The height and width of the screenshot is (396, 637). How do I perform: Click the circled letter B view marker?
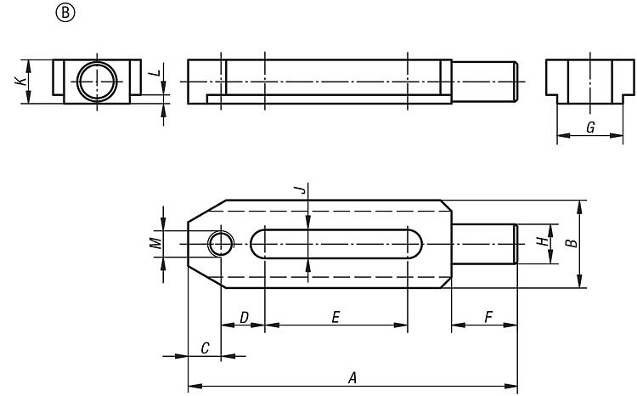(65, 13)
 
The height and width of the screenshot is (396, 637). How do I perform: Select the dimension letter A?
(352, 377)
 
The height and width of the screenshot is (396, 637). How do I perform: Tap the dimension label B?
(572, 243)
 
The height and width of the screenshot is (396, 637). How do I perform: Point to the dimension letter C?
(206, 348)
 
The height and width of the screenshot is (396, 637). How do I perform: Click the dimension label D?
(244, 317)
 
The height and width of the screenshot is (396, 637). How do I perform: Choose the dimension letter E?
(335, 317)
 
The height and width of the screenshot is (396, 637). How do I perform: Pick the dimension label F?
(488, 317)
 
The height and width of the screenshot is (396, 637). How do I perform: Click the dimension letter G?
(590, 127)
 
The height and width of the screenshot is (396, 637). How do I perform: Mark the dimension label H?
(542, 241)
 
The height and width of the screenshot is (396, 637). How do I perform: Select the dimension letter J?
(300, 190)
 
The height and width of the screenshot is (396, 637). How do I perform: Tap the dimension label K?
(20, 81)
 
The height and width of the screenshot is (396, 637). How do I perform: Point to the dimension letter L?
(154, 73)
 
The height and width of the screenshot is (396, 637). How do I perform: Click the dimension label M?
(155, 243)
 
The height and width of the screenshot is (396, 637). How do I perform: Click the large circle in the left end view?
(77, 82)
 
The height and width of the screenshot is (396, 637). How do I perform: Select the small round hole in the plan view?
(207, 244)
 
